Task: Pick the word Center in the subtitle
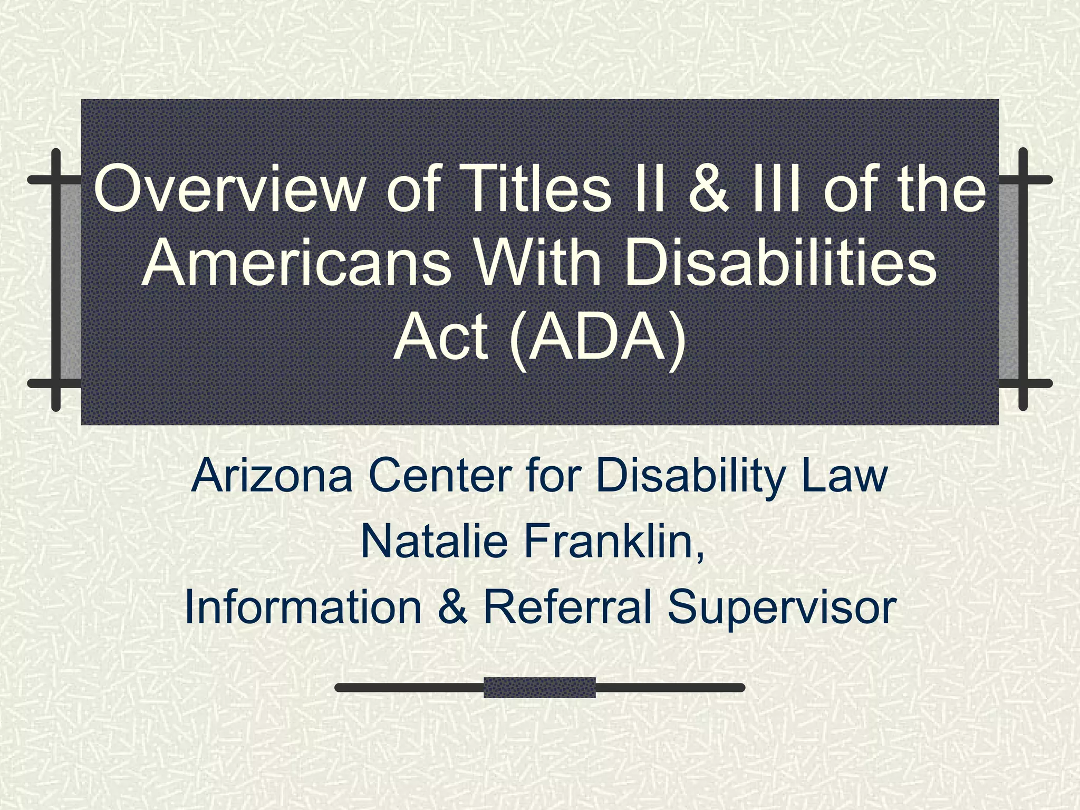tap(441, 476)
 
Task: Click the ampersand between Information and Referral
tap(452, 608)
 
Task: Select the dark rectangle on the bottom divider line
tap(539, 688)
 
